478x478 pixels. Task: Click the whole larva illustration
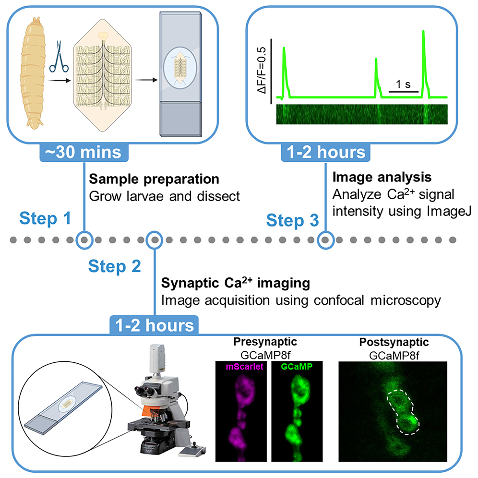click(x=36, y=72)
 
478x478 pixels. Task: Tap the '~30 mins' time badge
click(x=84, y=153)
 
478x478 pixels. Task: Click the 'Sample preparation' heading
click(x=155, y=179)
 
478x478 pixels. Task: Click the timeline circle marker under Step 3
click(x=326, y=239)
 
